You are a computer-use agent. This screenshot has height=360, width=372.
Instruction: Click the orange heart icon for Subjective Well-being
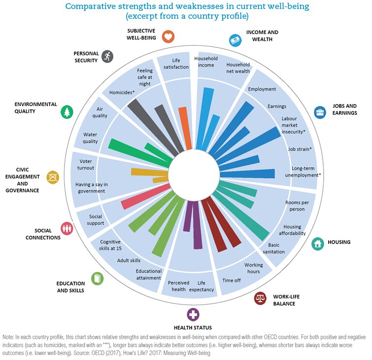[169, 36]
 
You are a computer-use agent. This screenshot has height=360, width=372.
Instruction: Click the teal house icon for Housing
[318, 243]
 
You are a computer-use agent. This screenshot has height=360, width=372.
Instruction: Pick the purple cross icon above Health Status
[193, 315]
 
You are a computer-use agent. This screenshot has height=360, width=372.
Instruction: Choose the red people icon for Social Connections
[67, 228]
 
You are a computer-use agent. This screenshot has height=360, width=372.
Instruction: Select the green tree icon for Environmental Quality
[67, 112]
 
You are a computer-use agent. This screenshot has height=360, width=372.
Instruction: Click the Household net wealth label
[238, 68]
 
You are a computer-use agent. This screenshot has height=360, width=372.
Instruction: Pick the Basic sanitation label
[273, 248]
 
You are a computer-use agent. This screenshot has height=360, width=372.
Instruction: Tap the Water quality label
[91, 138]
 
